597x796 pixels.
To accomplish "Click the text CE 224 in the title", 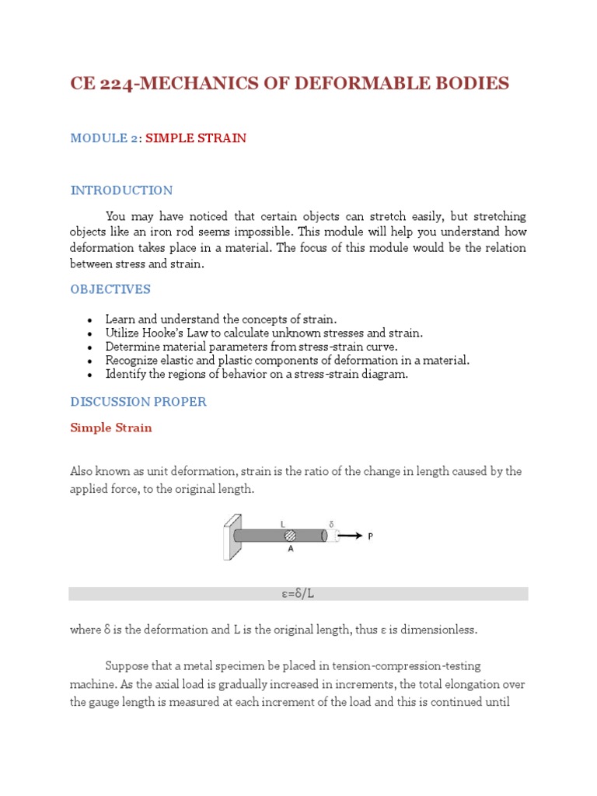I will pos(99,83).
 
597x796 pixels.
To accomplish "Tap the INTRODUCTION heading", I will pos(121,190).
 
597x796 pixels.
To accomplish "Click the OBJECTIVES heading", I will pos(110,289).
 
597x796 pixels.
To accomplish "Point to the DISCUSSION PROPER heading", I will pos(138,402).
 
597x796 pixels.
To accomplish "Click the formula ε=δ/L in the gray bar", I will pos(298,594).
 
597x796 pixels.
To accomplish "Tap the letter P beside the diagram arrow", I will pos(371,536).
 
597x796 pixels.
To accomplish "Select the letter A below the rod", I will pos(290,549).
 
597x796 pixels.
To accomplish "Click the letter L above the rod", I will pos(283,524).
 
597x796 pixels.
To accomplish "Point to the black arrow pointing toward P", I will pos(351,536).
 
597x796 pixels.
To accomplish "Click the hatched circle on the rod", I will pos(290,536).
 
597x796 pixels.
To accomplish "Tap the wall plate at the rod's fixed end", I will pos(229,536).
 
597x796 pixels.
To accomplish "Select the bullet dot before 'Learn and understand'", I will pos(90,319).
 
